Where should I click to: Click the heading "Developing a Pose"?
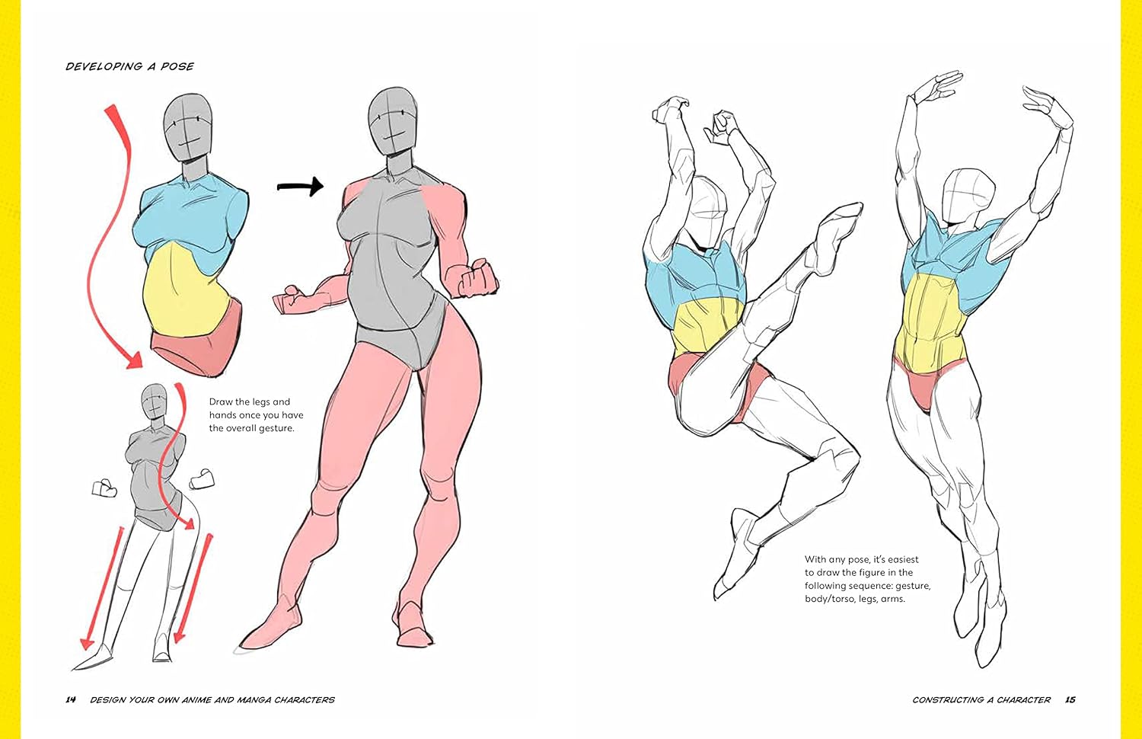129,66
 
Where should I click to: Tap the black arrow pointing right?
300,186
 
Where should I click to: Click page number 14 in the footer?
70,699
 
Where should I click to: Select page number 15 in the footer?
1070,699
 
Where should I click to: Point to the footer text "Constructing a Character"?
981,699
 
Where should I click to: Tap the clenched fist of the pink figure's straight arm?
478,278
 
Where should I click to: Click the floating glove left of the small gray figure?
104,488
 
